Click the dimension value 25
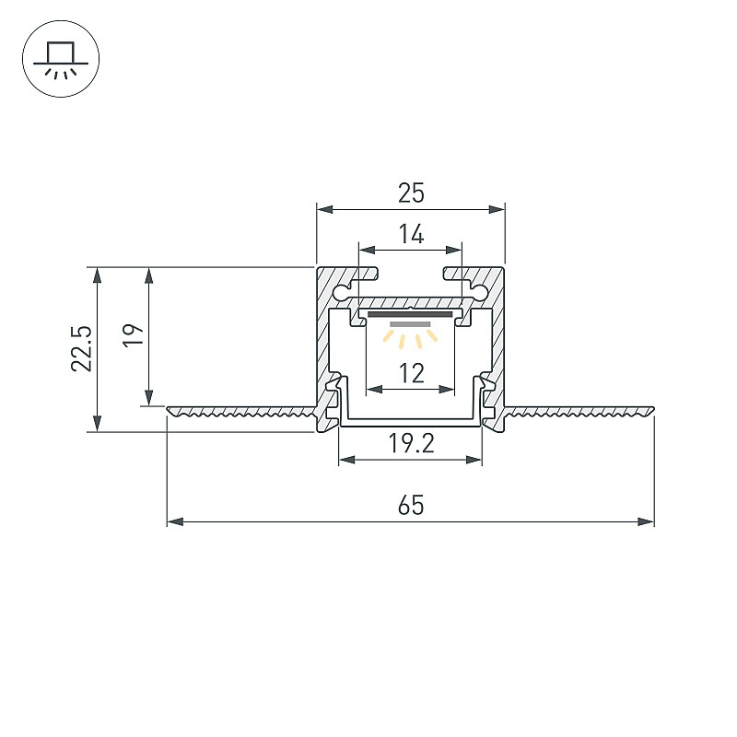click(411, 193)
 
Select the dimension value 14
click(411, 234)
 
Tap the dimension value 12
click(411, 373)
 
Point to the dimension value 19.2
click(411, 443)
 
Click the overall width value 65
click(411, 505)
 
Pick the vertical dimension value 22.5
click(82, 348)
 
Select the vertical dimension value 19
click(134, 334)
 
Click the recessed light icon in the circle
click(61, 59)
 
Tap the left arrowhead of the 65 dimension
click(175, 521)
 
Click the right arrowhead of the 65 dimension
click(646, 521)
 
